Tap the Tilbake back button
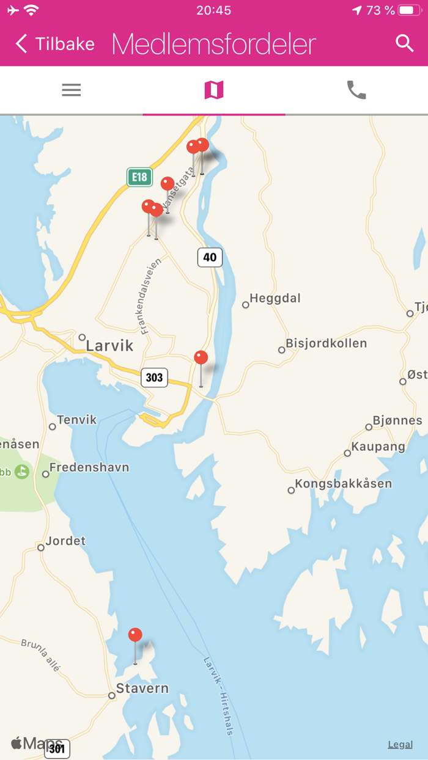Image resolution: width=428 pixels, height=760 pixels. (x=55, y=44)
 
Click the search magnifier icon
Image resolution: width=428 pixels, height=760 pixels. (x=404, y=43)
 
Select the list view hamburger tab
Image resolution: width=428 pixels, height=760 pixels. (x=72, y=90)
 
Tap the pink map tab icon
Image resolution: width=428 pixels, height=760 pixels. (x=214, y=90)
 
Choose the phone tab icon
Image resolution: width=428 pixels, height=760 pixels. (x=356, y=90)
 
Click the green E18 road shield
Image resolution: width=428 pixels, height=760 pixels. (x=139, y=177)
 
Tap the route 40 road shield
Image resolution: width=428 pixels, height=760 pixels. (x=210, y=257)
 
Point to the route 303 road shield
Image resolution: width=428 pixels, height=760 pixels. (x=154, y=378)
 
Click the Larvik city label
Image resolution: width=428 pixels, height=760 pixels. (x=109, y=346)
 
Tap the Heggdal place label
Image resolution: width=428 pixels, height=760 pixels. (x=275, y=299)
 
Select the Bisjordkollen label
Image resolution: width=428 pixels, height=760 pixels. (x=326, y=343)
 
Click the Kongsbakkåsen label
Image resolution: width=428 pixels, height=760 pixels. (x=343, y=484)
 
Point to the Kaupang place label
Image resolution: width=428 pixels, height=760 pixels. (x=378, y=447)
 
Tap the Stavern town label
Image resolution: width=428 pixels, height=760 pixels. (x=142, y=689)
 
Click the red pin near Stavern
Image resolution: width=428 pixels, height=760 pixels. (x=135, y=635)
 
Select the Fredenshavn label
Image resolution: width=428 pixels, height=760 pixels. (x=89, y=468)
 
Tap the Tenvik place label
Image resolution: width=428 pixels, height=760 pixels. (x=76, y=420)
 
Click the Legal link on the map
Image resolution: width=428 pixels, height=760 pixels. (x=400, y=744)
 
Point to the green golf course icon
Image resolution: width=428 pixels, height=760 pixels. (x=22, y=472)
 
